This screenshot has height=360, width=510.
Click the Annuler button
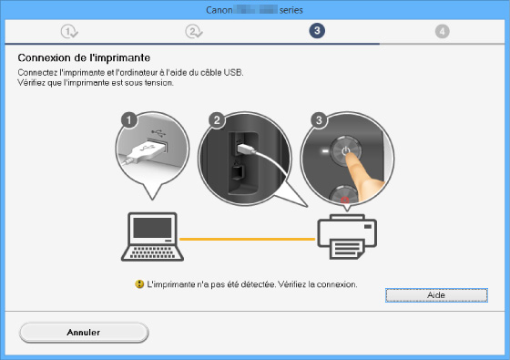84,333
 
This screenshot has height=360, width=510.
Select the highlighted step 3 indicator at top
317,31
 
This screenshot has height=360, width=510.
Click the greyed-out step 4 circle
442,32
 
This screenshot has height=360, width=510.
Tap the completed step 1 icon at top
69,32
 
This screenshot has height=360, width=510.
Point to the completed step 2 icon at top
194,32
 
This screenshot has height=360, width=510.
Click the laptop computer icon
152,237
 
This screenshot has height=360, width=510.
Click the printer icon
347,237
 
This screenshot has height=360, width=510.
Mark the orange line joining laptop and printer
247,239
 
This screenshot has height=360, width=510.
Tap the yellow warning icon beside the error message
139,284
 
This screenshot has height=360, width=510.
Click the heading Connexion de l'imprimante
84,58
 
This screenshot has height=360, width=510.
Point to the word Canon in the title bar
219,10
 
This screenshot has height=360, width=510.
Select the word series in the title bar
291,10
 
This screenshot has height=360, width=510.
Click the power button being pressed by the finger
346,151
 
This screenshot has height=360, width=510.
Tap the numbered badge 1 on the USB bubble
128,120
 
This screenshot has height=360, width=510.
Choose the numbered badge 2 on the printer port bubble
217,120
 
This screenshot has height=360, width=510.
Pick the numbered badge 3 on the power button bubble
319,120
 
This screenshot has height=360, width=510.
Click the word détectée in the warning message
258,284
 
